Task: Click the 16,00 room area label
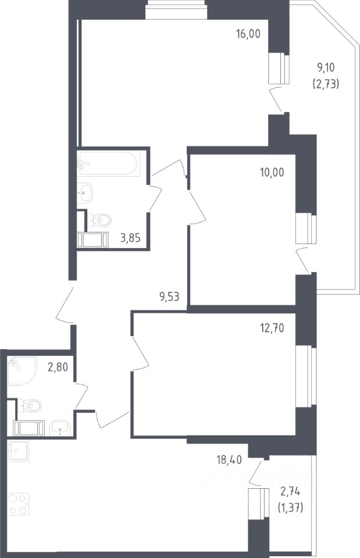248,34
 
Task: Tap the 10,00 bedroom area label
272,173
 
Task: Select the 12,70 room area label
272,328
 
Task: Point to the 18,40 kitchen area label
229,460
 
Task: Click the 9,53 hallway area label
169,296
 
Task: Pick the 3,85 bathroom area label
130,238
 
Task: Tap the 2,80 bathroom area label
58,367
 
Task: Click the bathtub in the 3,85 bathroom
108,163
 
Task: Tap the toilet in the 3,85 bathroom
99,220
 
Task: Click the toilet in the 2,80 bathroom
30,405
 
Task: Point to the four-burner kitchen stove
18,505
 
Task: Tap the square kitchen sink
18,451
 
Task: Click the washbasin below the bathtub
84,192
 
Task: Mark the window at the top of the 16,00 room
176,10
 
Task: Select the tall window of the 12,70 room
306,377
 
